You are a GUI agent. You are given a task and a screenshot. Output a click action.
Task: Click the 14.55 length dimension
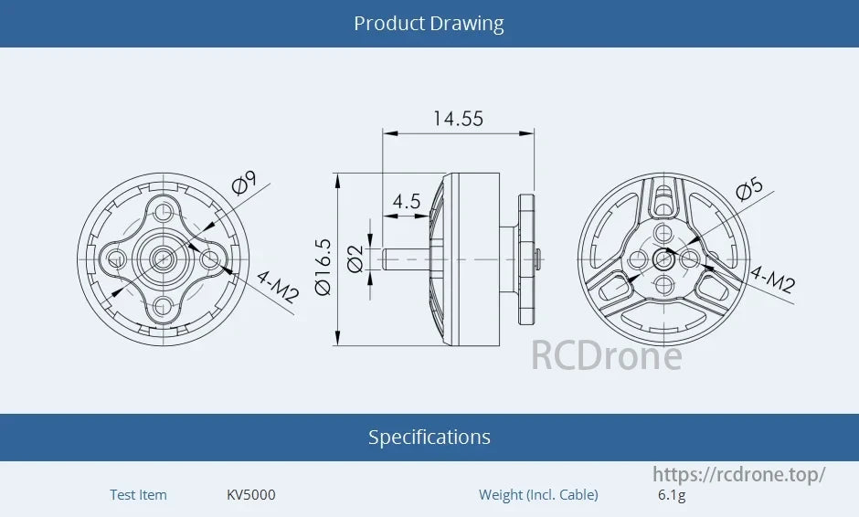click(x=458, y=119)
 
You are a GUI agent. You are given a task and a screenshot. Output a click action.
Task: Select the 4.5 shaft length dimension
click(x=406, y=201)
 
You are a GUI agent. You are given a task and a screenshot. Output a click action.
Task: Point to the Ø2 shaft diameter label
click(x=355, y=259)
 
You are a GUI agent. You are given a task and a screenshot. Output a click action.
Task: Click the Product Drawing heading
click(x=429, y=23)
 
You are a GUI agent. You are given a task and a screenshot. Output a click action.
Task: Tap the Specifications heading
click(x=429, y=437)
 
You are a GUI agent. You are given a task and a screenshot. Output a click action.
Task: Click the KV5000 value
click(x=250, y=495)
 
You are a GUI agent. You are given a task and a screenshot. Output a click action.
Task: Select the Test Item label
click(x=138, y=495)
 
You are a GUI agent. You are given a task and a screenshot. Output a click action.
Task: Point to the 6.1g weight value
click(x=671, y=495)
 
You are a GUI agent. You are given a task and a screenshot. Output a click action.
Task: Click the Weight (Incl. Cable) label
click(x=538, y=495)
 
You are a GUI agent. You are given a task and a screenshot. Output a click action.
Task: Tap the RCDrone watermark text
click(x=606, y=355)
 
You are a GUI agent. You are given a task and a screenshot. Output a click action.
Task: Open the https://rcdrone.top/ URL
click(x=738, y=474)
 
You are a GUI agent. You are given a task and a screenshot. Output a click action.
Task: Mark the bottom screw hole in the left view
click(x=164, y=305)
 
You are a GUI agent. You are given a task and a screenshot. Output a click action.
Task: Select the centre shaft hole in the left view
click(x=164, y=259)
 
